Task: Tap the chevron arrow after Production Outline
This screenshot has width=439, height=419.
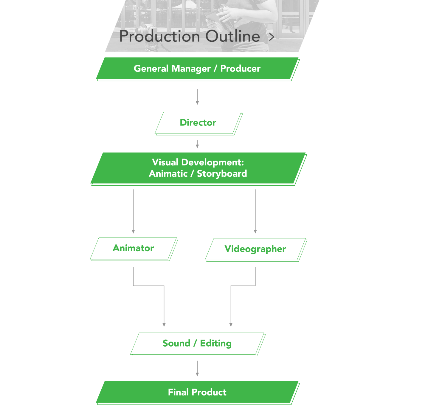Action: (x=271, y=37)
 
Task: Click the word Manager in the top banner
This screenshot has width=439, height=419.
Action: (x=191, y=69)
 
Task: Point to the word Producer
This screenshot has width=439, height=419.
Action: (x=240, y=69)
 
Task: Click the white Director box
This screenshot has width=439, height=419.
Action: (x=198, y=122)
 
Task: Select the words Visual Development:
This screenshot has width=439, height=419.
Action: (x=198, y=162)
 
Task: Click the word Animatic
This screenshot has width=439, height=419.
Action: (x=168, y=173)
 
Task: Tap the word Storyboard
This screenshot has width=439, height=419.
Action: (x=222, y=173)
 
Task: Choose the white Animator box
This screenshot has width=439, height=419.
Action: (x=133, y=248)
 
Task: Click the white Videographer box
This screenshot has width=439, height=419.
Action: (x=255, y=249)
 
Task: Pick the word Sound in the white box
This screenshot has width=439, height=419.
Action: (x=176, y=343)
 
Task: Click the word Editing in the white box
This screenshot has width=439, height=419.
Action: (x=216, y=343)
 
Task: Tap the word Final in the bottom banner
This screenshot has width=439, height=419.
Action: (x=179, y=392)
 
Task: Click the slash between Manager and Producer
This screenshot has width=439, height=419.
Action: (x=215, y=69)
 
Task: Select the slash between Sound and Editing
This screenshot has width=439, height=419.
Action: (x=195, y=344)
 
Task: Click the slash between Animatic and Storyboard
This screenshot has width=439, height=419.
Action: (x=192, y=174)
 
